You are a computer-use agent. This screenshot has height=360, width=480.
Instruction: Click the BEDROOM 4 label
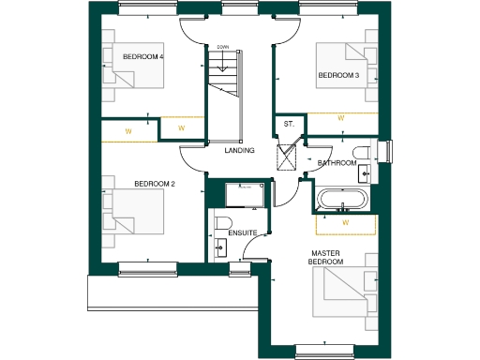[143, 57]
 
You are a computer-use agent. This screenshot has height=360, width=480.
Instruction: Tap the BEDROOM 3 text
[338, 75]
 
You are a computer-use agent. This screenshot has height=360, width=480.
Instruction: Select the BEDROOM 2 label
[155, 184]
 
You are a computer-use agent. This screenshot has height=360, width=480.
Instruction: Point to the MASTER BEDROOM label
[327, 257]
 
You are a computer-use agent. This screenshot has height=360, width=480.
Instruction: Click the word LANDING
[240, 150]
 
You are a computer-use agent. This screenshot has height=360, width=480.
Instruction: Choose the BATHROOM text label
[337, 163]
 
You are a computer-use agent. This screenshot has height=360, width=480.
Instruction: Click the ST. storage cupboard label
[289, 125]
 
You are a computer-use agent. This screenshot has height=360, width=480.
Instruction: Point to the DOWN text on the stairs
[223, 47]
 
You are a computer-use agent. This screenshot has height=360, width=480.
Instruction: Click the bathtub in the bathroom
[343, 200]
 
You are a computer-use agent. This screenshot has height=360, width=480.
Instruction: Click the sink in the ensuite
[220, 247]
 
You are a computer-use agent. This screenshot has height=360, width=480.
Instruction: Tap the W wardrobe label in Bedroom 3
[341, 118]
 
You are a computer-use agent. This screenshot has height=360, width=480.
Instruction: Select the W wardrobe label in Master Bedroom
[345, 223]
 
